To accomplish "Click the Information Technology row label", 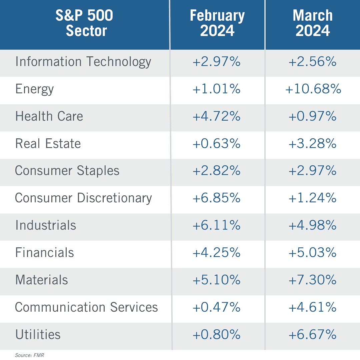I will tap(83, 62).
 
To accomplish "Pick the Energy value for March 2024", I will tap(313, 89).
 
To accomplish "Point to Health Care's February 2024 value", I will tap(217, 116).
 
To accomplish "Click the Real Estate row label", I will tap(48, 144).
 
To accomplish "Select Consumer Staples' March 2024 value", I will tap(313, 171).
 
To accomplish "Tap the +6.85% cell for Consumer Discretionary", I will tap(217, 198).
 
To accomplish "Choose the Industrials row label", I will tap(46, 225).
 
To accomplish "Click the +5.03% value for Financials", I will tap(313, 253).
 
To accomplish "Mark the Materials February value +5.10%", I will tap(217, 280).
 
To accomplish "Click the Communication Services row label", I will tap(86, 307).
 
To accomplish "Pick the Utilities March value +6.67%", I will tap(313, 334).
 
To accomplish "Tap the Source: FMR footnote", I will tap(29, 355).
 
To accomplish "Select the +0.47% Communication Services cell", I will tap(217, 307).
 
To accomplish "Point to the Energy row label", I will tap(34, 89).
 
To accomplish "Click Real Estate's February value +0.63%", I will tap(217, 144).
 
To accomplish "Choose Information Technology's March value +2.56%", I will tap(313, 62).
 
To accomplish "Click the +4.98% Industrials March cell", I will tap(313, 225).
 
